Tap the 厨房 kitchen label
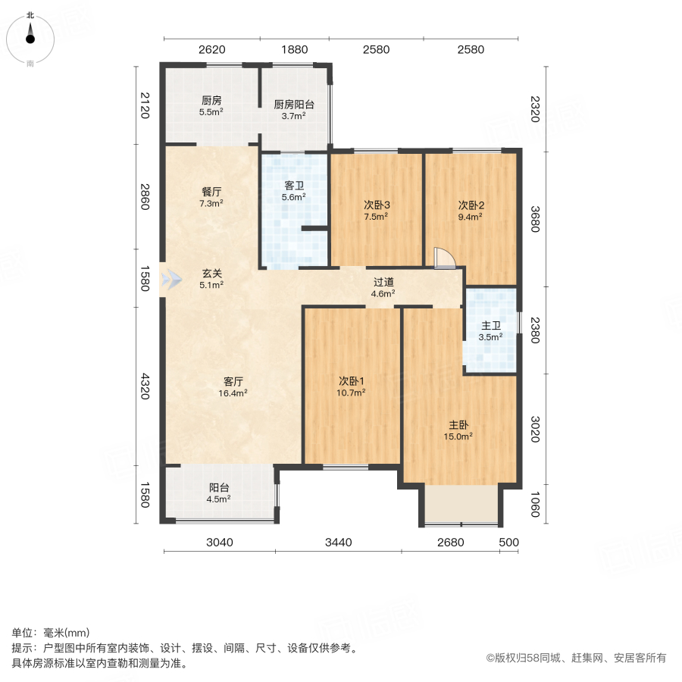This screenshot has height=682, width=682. (x=211, y=100)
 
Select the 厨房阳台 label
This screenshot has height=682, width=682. (x=294, y=105)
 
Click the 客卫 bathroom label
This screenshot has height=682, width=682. (x=294, y=184)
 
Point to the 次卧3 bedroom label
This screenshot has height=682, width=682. (x=376, y=205)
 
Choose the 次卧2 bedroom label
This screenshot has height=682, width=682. (x=471, y=205)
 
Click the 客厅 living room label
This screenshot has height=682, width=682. (x=233, y=381)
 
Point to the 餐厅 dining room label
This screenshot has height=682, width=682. (x=211, y=192)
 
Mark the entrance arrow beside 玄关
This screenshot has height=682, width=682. (x=171, y=280)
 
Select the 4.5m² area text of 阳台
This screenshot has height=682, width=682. (x=219, y=499)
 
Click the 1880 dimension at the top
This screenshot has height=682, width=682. (x=295, y=50)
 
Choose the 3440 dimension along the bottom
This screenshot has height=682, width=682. (x=338, y=542)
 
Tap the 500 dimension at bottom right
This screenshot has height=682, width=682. (x=509, y=542)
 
